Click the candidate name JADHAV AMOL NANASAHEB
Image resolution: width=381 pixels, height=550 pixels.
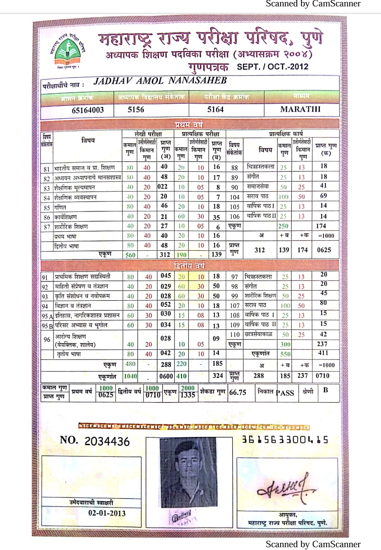pos(160,81)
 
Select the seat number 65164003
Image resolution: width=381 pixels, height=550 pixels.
pos(88,110)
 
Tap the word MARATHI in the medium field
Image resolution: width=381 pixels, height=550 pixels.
pos(300,109)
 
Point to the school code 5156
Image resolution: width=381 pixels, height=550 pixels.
pos(136,110)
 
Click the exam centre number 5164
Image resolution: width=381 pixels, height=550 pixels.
pos(215,110)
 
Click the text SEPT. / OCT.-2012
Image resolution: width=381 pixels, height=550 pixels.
pos(272,67)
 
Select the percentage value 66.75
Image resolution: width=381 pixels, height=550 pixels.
pos(238,392)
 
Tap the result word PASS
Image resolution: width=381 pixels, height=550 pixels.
pos(285,393)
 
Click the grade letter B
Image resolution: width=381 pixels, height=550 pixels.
pos(325,390)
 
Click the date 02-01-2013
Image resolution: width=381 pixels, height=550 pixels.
pos(107,513)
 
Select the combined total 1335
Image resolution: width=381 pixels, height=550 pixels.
pos(188,395)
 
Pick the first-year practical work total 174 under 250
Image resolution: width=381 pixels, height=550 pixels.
pos(321,226)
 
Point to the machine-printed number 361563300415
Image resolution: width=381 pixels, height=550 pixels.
pos(285,440)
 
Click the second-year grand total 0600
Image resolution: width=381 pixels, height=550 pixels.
pos(166,376)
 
